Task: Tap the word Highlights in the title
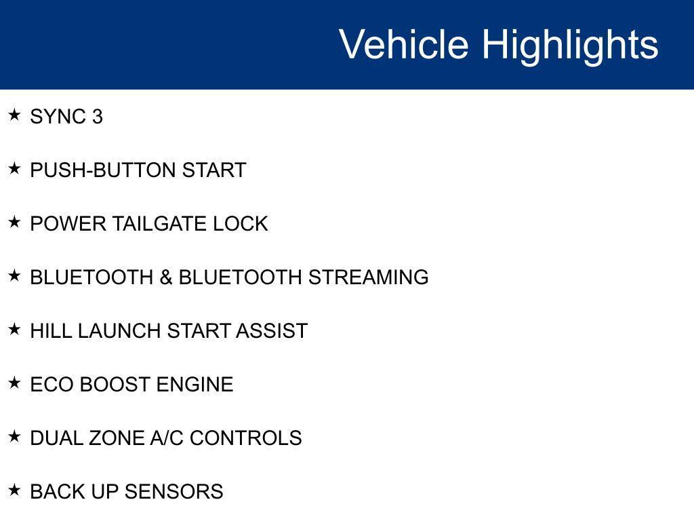pyautogui.click(x=570, y=45)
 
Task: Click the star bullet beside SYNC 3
pyautogui.click(x=14, y=115)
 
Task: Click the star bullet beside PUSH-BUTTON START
pyautogui.click(x=14, y=168)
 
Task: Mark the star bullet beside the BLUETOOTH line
pyautogui.click(x=14, y=275)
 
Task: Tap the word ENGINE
pyautogui.click(x=195, y=385)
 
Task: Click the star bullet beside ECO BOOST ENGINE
pyautogui.click(x=14, y=383)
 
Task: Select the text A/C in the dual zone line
pyautogui.click(x=167, y=438)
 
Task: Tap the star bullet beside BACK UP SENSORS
pyautogui.click(x=14, y=490)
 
